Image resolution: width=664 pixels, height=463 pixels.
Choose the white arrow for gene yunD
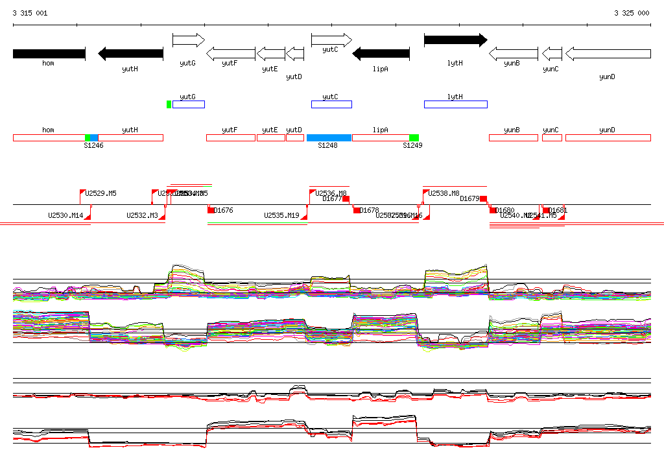point(608,54)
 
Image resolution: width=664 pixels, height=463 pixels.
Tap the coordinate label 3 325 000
point(632,13)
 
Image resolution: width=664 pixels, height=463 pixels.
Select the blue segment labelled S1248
point(329,137)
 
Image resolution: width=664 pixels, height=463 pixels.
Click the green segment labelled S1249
point(414,137)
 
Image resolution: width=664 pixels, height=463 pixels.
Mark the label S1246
point(93,146)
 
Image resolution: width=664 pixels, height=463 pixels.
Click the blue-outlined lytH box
point(455,104)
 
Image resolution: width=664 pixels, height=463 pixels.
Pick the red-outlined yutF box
point(230,137)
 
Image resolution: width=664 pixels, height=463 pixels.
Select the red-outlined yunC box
point(552,137)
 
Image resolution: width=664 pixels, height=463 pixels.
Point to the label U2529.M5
point(101,193)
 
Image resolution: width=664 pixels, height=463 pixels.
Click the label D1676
point(223,210)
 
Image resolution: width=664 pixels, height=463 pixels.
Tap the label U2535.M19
point(281,215)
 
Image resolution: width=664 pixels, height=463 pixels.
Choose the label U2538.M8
point(444,193)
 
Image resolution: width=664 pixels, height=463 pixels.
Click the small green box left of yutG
point(169,104)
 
